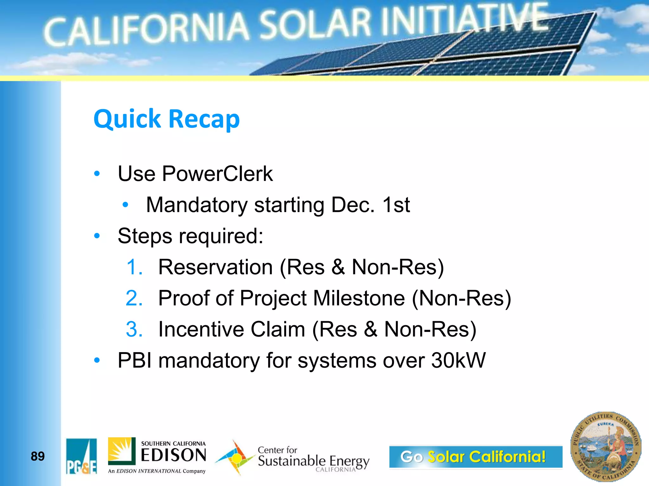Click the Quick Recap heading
coord(167,119)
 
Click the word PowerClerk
coord(217,174)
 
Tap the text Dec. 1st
coord(370,205)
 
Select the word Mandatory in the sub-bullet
coord(196,205)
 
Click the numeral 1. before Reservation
coord(134,267)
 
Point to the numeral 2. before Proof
coord(134,298)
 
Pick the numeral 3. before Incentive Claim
coord(134,329)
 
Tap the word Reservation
coord(215,267)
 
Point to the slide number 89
coord(38,456)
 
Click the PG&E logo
coord(81,456)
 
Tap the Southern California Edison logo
coord(157,456)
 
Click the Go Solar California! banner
coord(475,457)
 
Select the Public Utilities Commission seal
coord(606,447)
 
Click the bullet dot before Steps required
coord(97,236)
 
